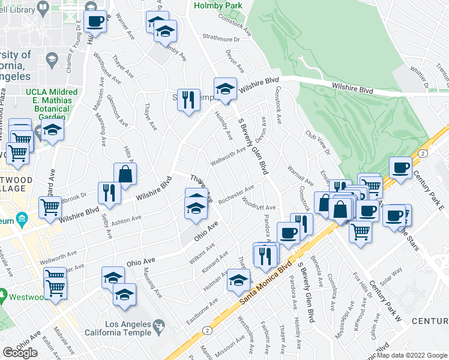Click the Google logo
(20, 353)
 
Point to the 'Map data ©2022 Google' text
(412, 355)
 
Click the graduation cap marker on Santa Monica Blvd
(238, 280)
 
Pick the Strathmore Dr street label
(220, 38)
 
